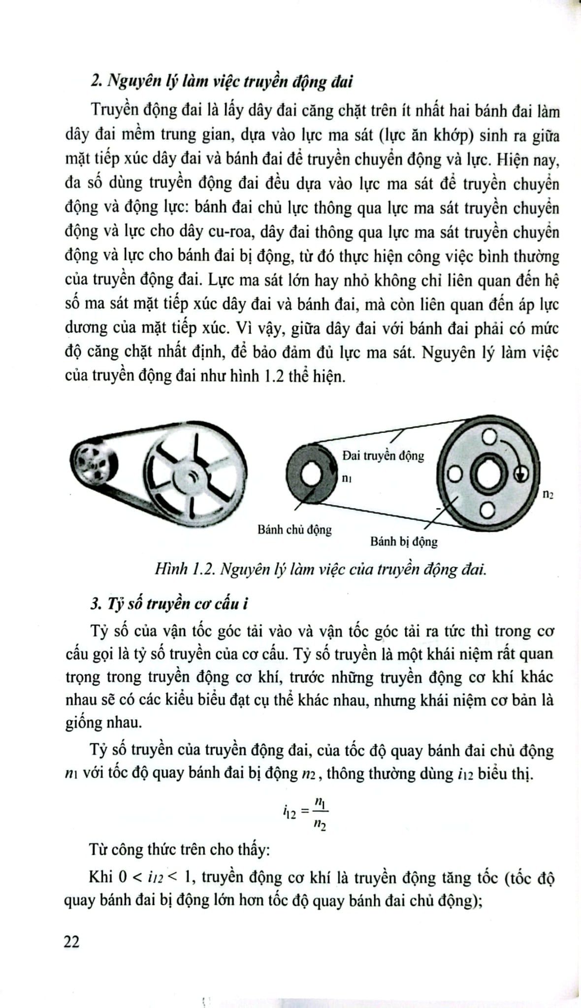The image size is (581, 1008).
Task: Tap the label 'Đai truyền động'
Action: point(383,455)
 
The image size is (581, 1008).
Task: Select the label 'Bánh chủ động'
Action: point(294,530)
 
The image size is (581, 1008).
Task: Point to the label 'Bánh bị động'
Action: point(404,542)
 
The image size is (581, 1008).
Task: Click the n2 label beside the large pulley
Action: point(548,494)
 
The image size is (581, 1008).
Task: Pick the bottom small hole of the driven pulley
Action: point(487,512)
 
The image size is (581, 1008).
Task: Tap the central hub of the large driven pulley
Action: point(487,474)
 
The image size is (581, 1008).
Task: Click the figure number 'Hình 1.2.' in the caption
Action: point(172,569)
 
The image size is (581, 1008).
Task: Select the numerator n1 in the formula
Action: point(321,803)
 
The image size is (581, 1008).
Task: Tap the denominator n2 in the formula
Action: point(321,824)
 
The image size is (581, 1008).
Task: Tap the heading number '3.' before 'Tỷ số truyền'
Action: point(96,603)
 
